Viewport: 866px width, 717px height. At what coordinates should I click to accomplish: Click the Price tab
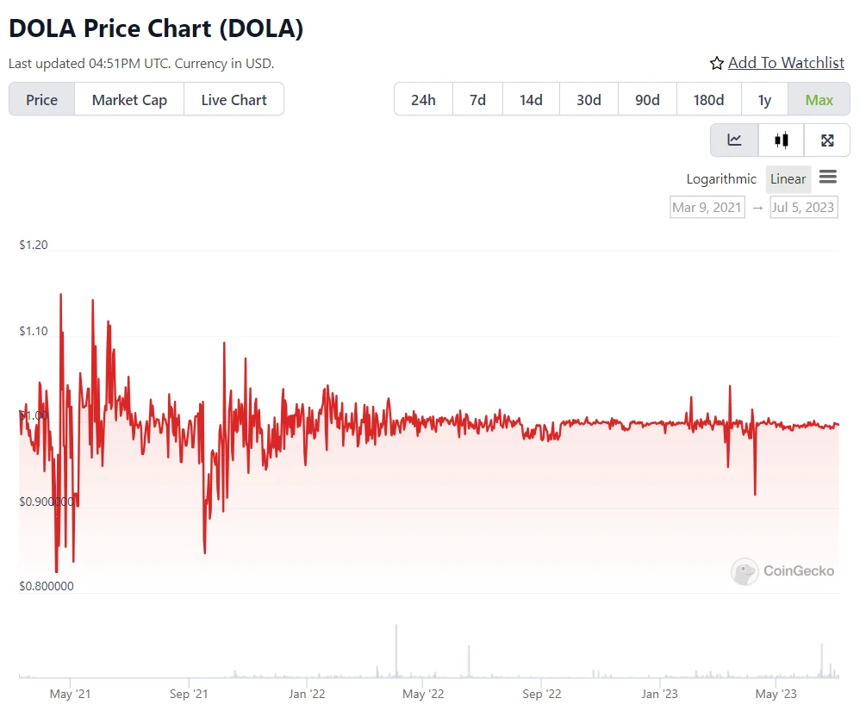[41, 100]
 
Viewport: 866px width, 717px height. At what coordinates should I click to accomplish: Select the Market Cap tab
[129, 100]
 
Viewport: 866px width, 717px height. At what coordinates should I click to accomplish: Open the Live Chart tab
[234, 100]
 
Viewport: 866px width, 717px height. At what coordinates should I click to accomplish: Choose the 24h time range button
[423, 100]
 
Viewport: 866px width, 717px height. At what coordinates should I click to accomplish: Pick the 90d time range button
[647, 100]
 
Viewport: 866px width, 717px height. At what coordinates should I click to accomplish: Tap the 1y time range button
[764, 100]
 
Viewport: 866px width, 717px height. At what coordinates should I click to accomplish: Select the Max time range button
[819, 100]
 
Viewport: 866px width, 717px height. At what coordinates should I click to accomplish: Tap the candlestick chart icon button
[782, 140]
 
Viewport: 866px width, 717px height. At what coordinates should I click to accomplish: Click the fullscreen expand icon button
[827, 140]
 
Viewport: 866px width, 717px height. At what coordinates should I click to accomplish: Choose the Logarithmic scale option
[721, 179]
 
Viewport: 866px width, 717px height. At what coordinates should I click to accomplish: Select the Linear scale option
[788, 179]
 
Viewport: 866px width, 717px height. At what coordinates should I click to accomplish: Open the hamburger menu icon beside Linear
[828, 178]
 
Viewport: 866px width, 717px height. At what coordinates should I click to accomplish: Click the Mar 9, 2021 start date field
[707, 207]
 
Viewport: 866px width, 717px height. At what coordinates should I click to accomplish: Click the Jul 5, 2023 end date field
[803, 207]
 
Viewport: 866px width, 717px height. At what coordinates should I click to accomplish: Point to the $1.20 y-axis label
[34, 246]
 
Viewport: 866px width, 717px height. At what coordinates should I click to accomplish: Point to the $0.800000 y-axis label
[47, 587]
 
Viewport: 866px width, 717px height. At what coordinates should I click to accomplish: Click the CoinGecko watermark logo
[783, 570]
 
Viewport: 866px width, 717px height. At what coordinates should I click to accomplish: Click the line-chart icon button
[734, 140]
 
